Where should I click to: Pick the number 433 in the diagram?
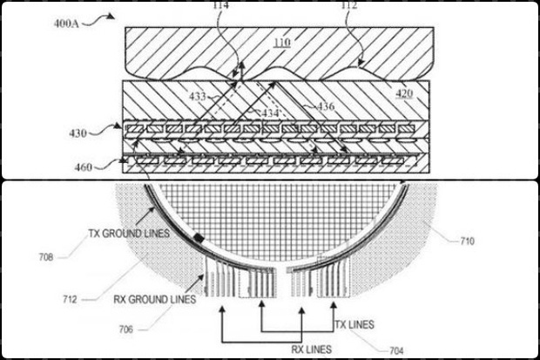tap(197, 97)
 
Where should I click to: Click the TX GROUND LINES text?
tap(124, 234)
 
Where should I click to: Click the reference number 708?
tap(45, 257)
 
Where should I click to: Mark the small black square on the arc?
tap(199, 238)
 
